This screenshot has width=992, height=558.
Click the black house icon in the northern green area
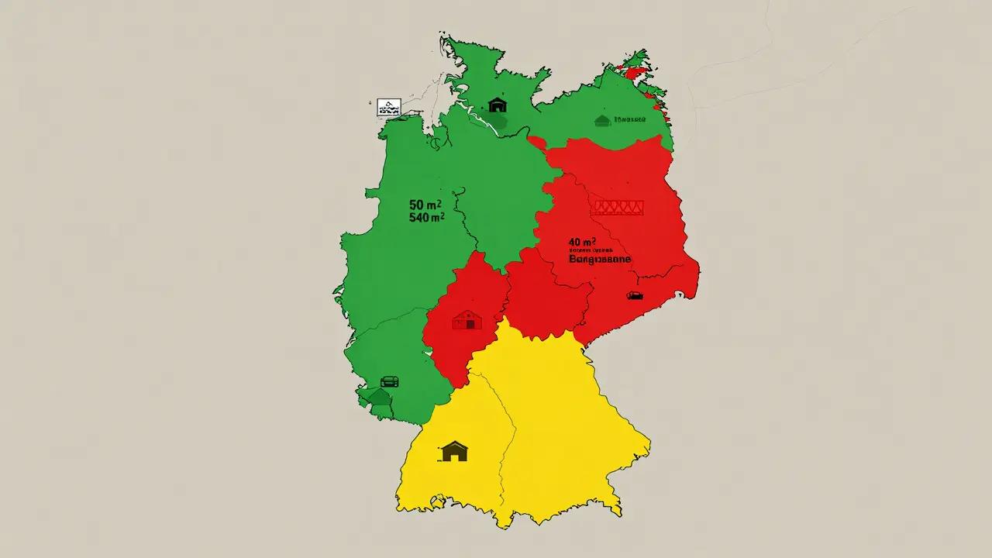point(497,105)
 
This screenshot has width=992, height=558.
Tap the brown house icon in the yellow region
point(454,451)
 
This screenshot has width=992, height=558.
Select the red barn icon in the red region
point(467,319)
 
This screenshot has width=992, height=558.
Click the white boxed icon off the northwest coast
point(388,108)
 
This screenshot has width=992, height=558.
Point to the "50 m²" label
point(425,205)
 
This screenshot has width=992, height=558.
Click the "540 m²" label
point(425,219)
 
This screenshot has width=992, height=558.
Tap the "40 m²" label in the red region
point(584,243)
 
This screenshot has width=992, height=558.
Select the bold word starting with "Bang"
point(600,260)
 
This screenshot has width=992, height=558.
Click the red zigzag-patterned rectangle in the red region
point(618,207)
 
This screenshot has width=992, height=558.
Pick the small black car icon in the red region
point(635,295)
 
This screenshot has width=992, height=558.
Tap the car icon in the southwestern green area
point(390,381)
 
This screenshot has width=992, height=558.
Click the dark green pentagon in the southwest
point(379,397)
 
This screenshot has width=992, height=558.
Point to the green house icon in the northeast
point(602,120)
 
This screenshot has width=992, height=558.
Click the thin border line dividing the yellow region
point(505,434)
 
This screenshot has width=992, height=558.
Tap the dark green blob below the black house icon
point(498,122)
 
